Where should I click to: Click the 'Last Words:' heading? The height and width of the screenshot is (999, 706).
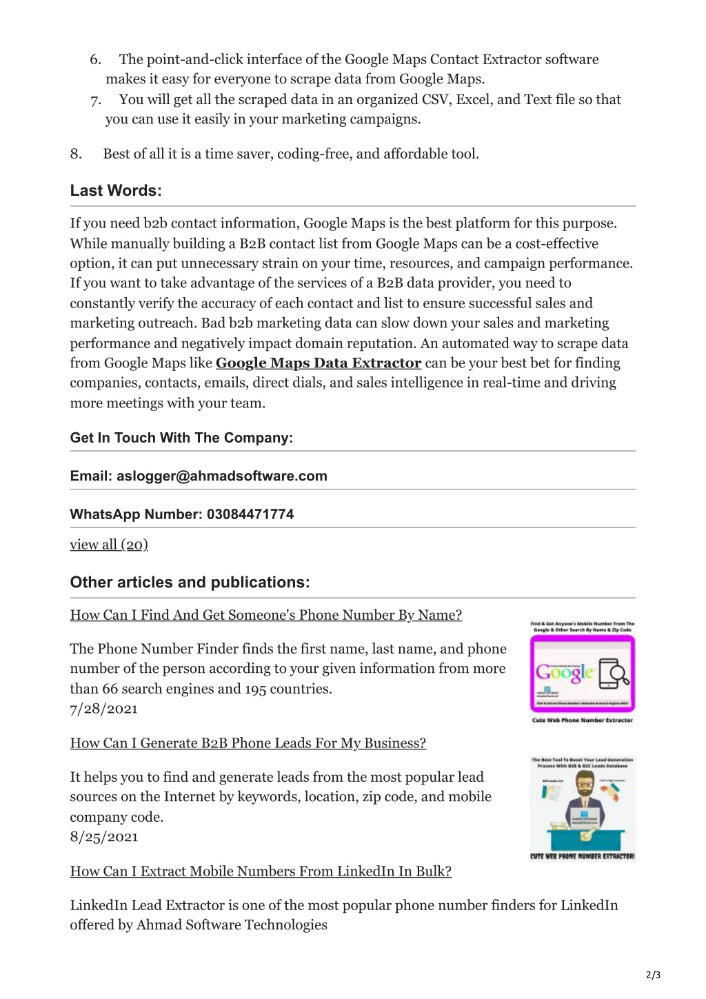[x=116, y=191]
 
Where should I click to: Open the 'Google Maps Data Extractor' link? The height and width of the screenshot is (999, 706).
[x=318, y=363]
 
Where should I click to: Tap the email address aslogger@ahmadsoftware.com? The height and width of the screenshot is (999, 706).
[x=221, y=476]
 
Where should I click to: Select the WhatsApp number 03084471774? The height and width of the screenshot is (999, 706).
[x=250, y=514]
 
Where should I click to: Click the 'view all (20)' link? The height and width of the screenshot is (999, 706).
[x=109, y=545]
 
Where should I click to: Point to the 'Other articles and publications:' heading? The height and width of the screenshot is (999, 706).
[x=190, y=583]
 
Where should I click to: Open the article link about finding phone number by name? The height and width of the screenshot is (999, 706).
[x=265, y=615]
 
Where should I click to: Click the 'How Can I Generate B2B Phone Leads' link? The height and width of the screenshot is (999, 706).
[x=248, y=743]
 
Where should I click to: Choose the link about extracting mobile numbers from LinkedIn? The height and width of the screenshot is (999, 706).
[x=261, y=871]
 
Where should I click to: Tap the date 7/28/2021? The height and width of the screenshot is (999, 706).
[x=103, y=709]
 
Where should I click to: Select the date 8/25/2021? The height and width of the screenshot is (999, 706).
[x=103, y=837]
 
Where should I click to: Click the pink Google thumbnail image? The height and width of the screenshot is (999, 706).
[x=582, y=673]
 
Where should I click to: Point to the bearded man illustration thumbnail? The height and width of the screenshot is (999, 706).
[x=583, y=808]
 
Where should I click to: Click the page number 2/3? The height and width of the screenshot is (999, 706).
[x=653, y=975]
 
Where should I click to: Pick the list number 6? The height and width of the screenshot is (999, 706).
[x=95, y=59]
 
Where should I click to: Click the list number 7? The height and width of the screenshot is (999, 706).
[x=95, y=100]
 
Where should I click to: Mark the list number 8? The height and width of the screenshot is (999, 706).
[x=76, y=154]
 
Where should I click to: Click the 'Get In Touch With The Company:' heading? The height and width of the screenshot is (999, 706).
[x=181, y=438]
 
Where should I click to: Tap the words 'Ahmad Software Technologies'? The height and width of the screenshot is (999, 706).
[x=232, y=925]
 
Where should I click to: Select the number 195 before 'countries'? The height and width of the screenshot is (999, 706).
[x=255, y=689]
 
